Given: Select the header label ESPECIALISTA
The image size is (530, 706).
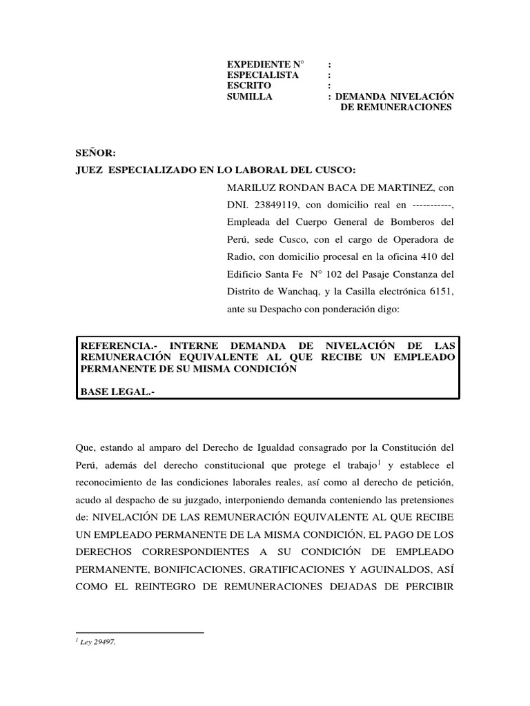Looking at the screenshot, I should (263, 75).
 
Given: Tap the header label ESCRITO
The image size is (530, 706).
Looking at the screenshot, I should (249, 85).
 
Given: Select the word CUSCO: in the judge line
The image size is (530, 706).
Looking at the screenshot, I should (337, 170).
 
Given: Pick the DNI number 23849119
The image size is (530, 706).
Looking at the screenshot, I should (275, 205).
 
